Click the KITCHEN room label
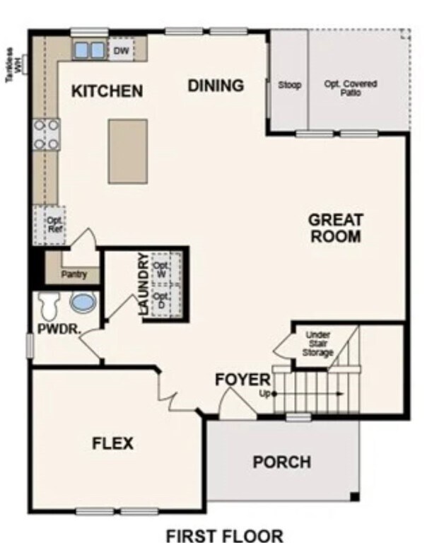tap(107, 91)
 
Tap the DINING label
tap(216, 86)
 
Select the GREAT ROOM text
tap(334, 228)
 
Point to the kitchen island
tap(128, 151)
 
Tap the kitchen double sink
tap(89, 50)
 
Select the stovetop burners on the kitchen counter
tap(46, 134)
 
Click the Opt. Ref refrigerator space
tap(50, 224)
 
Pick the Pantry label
tap(74, 274)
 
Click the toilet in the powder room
tap(49, 305)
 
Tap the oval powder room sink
tap(82, 303)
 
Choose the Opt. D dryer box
tap(163, 300)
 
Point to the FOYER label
tap(242, 380)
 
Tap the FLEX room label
tap(113, 443)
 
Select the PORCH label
tap(281, 462)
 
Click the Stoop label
tap(290, 86)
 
